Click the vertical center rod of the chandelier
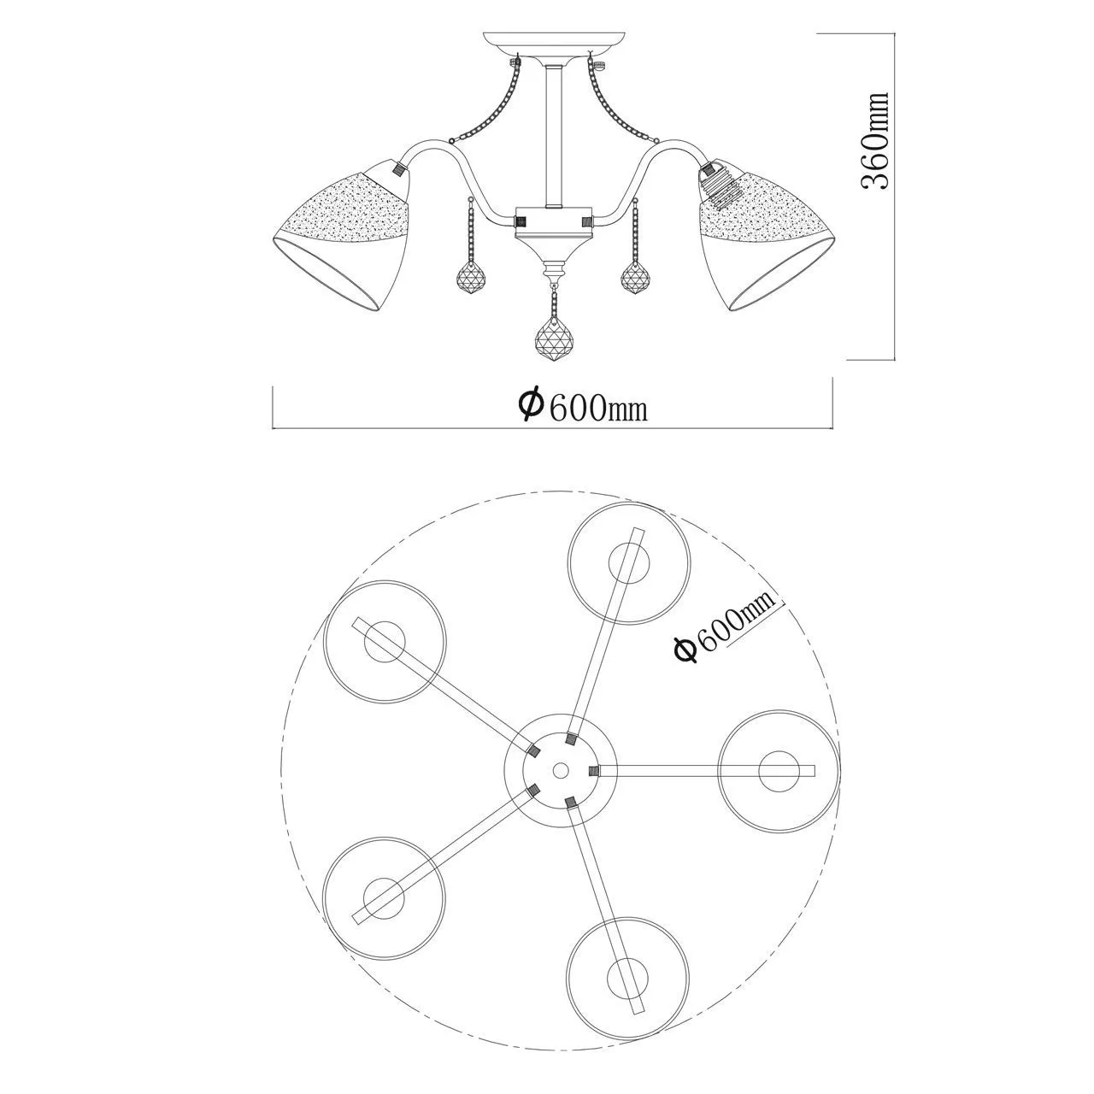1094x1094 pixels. [x=553, y=136]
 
